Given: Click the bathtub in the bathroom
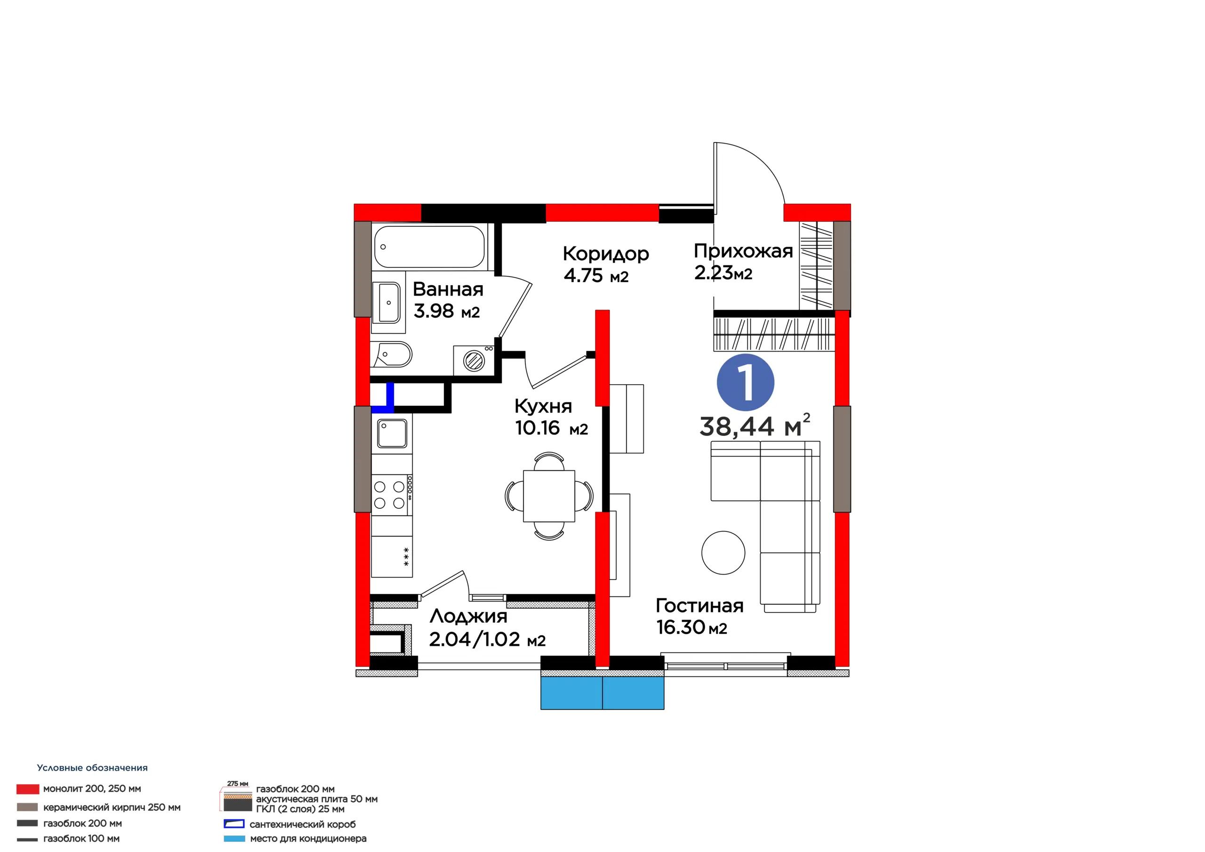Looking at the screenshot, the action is pyautogui.click(x=429, y=247).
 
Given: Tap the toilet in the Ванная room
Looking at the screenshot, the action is pyautogui.click(x=392, y=355).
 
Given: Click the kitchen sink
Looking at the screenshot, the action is pyautogui.click(x=392, y=433).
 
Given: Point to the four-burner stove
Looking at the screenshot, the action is pyautogui.click(x=392, y=495).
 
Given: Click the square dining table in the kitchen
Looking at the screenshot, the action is pyautogui.click(x=549, y=496).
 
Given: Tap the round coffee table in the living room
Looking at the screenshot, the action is pyautogui.click(x=723, y=553).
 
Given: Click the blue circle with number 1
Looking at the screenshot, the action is pyautogui.click(x=745, y=383).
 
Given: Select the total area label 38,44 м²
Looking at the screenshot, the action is pyautogui.click(x=755, y=426).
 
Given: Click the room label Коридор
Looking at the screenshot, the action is pyautogui.click(x=606, y=254).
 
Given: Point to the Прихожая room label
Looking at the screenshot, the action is pyautogui.click(x=743, y=251).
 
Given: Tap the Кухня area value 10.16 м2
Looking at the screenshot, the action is pyautogui.click(x=551, y=428).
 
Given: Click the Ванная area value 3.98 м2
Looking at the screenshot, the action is pyautogui.click(x=447, y=311).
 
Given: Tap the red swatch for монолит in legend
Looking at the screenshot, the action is pyautogui.click(x=28, y=789).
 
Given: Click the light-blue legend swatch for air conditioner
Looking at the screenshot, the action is pyautogui.click(x=234, y=839).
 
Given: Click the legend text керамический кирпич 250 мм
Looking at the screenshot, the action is pyautogui.click(x=112, y=807).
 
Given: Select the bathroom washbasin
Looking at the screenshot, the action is pyautogui.click(x=387, y=302).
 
